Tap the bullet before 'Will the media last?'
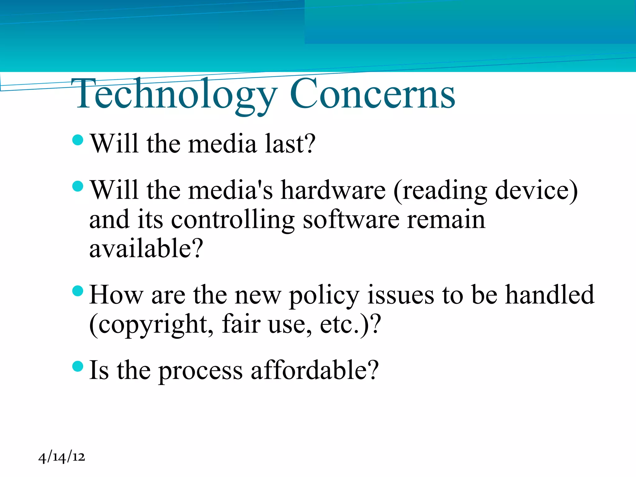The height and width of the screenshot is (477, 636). [78, 140]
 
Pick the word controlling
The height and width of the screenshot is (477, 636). [233, 220]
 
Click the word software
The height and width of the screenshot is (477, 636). [351, 220]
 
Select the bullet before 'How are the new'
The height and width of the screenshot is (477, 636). [78, 291]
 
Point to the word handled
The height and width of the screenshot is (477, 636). [550, 295]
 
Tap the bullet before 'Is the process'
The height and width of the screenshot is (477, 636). [78, 366]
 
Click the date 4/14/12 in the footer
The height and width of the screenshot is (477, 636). [61, 457]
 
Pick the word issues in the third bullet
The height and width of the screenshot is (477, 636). [401, 295]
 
